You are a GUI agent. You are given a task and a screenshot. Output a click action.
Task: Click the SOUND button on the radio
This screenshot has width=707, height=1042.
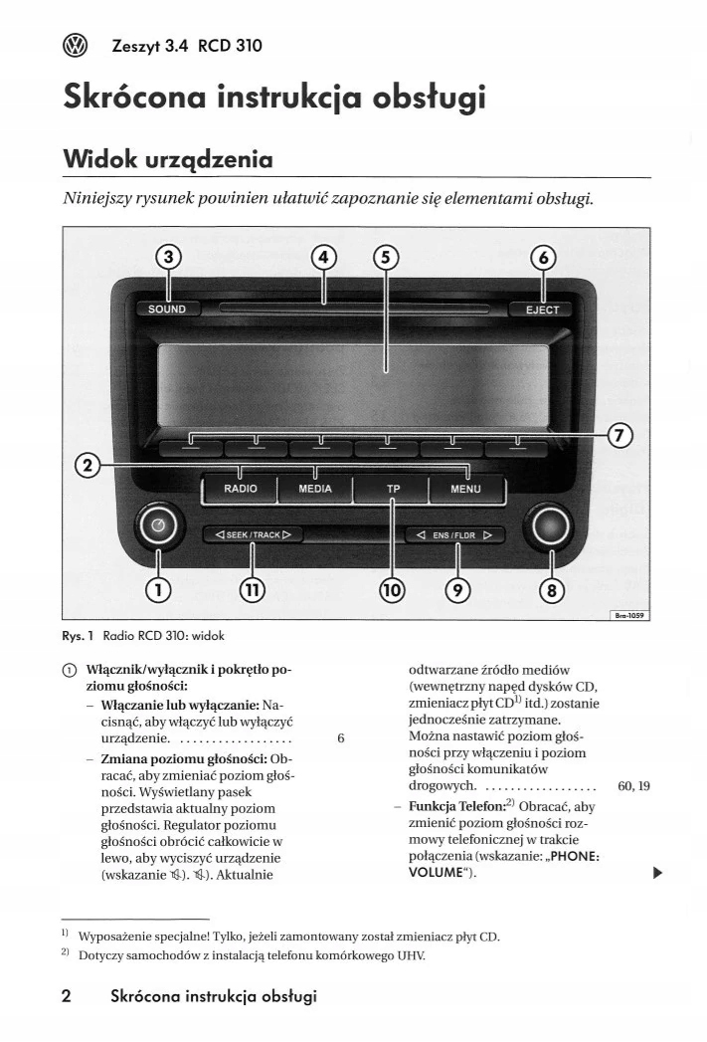coord(166,309)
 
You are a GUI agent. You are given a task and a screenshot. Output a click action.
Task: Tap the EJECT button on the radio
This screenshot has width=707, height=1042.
coord(542,309)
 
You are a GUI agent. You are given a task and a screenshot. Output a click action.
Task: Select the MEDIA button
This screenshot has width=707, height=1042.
coord(316,489)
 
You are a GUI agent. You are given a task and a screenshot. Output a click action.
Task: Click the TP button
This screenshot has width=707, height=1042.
coord(393,489)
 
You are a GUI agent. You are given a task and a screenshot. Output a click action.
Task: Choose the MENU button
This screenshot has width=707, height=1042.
coord(465,489)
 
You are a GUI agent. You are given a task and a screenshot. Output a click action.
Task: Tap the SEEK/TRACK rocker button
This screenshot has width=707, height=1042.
coord(253,534)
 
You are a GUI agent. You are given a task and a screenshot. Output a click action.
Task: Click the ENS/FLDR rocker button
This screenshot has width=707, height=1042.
coord(454,534)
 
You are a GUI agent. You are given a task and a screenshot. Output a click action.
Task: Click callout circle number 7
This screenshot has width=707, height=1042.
coord(619,435)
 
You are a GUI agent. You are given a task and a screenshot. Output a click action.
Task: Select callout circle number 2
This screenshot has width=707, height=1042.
coord(88,465)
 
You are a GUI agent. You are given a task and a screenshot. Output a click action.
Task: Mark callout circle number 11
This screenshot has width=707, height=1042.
coord(254,590)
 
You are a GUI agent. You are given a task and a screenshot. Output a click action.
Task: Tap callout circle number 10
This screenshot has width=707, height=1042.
coord(393,590)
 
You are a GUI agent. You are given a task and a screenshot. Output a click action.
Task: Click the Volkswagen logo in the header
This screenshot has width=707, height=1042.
coord(76,44)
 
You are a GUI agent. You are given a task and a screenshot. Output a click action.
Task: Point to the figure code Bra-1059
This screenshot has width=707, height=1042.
coord(629,616)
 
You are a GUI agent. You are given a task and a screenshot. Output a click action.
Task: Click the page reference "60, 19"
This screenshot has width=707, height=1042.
coord(633,785)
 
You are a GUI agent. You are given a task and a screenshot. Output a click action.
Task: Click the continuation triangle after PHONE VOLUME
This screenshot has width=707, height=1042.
coord(656,873)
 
